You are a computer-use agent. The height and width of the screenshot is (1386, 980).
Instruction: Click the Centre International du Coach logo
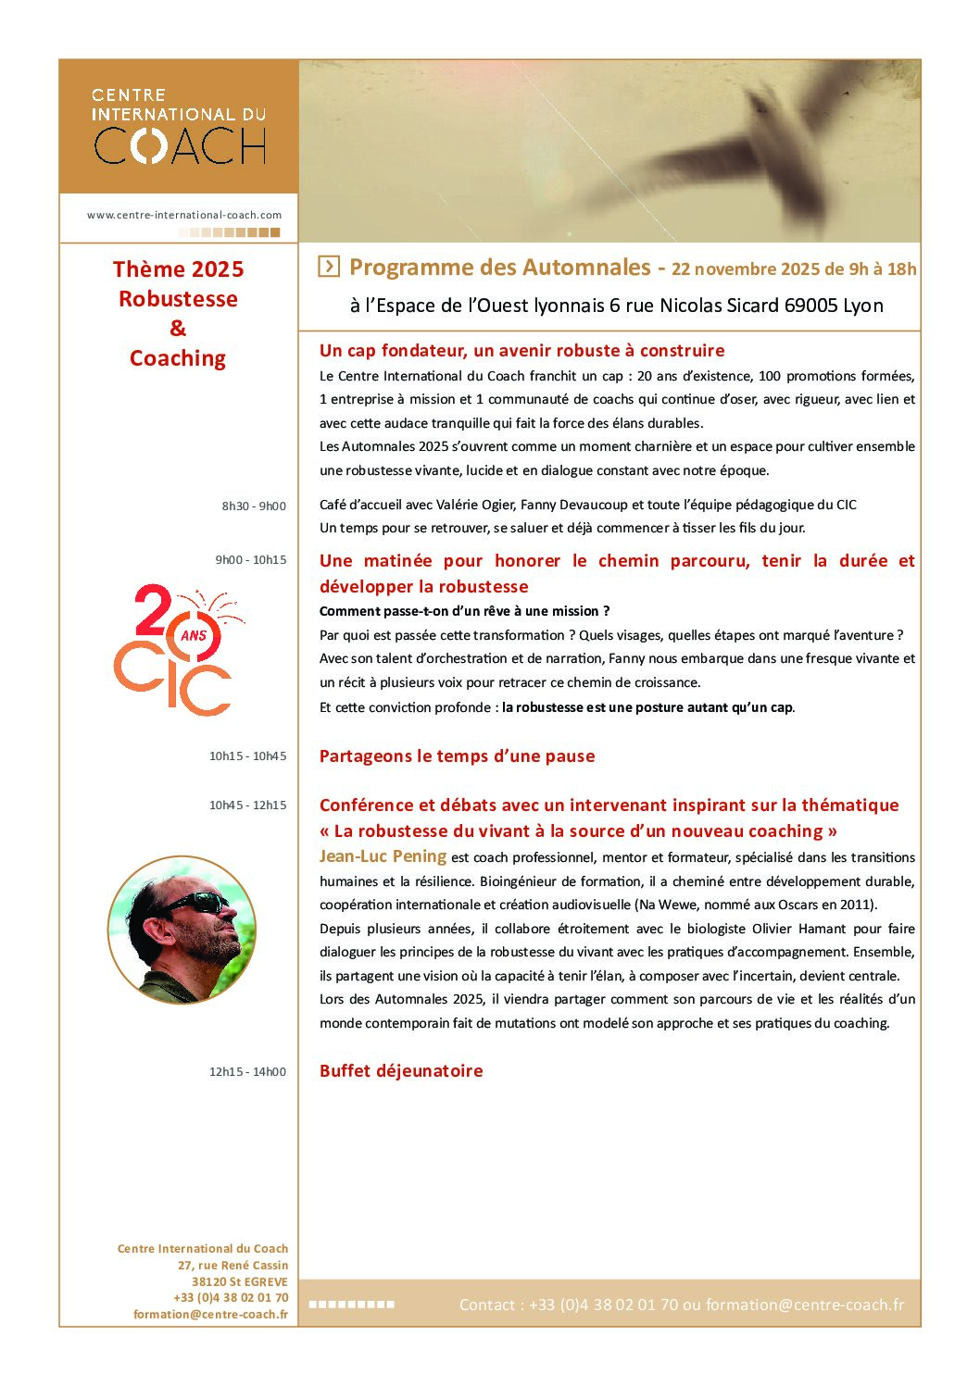[x=179, y=128]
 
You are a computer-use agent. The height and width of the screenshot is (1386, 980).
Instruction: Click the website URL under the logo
[x=184, y=215]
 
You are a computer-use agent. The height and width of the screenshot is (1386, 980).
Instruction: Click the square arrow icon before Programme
[x=329, y=267]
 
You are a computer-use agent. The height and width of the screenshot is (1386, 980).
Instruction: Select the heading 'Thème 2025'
[x=178, y=269]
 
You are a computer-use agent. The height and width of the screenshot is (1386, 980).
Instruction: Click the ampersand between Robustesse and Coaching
[x=178, y=328]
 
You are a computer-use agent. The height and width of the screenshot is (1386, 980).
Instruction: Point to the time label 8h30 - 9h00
[x=254, y=506]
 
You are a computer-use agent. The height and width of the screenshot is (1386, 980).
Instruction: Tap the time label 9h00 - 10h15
[x=251, y=560]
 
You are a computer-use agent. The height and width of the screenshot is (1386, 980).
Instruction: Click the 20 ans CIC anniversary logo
[x=176, y=649]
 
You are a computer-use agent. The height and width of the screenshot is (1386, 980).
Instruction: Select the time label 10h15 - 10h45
[x=247, y=756]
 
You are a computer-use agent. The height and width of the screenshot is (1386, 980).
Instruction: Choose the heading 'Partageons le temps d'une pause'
[x=457, y=756]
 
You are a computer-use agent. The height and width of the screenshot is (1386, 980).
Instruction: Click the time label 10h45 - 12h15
[x=247, y=805]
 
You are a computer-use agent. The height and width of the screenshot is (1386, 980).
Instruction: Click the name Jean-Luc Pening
[x=383, y=856]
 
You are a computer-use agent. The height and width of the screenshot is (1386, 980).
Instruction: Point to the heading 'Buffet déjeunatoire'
[x=401, y=1071]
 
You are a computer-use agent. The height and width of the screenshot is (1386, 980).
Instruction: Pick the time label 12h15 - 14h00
[x=247, y=1072]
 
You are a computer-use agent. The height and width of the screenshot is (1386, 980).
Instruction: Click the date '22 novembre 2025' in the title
[x=745, y=269]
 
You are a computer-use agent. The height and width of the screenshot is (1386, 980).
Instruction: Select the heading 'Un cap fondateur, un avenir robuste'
[x=521, y=351]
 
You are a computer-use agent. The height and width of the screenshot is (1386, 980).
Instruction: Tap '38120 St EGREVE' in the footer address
[x=240, y=1282]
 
